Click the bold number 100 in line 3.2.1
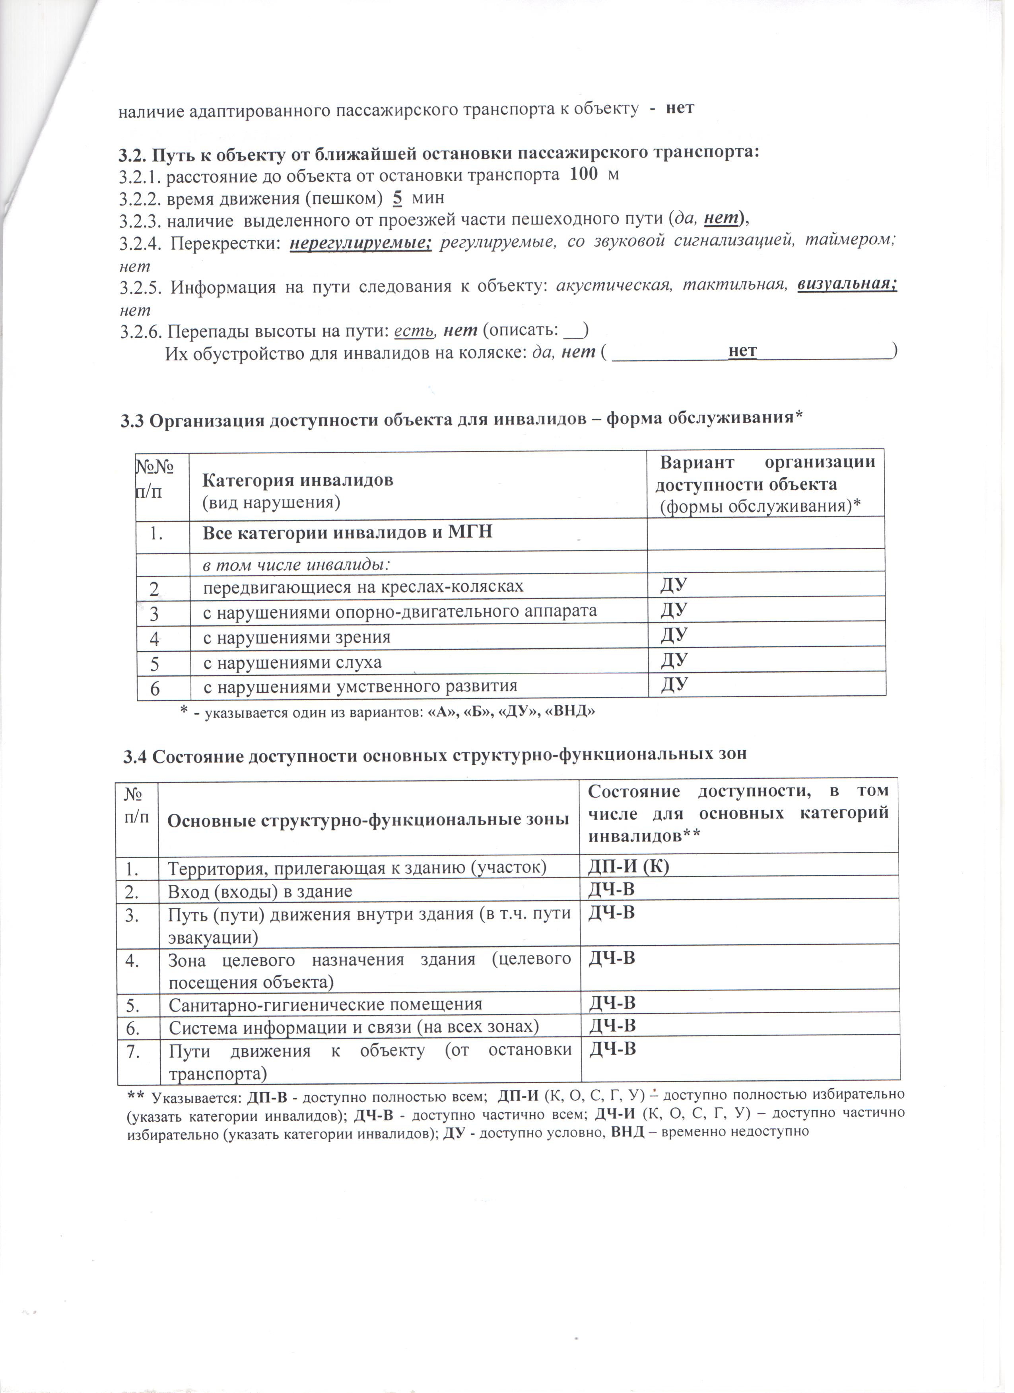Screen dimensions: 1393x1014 (x=583, y=174)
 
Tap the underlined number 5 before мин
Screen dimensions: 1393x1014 (x=398, y=198)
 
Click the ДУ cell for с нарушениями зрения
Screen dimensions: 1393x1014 (x=674, y=635)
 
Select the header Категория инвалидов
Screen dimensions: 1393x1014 (x=298, y=480)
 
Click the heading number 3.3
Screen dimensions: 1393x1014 (x=132, y=421)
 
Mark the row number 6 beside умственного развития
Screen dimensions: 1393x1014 (x=154, y=689)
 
